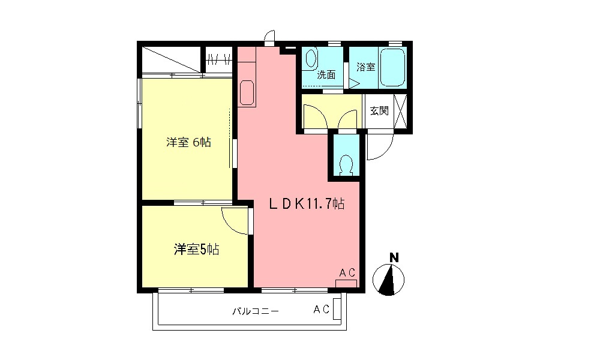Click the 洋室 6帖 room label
[188, 143]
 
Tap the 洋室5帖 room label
[196, 249]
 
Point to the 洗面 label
[326, 75]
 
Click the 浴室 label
[365, 67]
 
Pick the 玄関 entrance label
[379, 111]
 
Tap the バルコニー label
[255, 311]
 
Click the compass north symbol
[389, 280]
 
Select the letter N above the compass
[394, 258]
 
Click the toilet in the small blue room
[346, 163]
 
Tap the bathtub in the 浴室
[393, 67]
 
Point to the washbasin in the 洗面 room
[310, 59]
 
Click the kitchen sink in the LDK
[247, 93]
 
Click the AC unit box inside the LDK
[346, 283]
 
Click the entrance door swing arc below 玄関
[380, 146]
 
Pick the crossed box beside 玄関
[401, 111]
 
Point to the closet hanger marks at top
[219, 59]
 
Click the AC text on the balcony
[321, 310]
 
